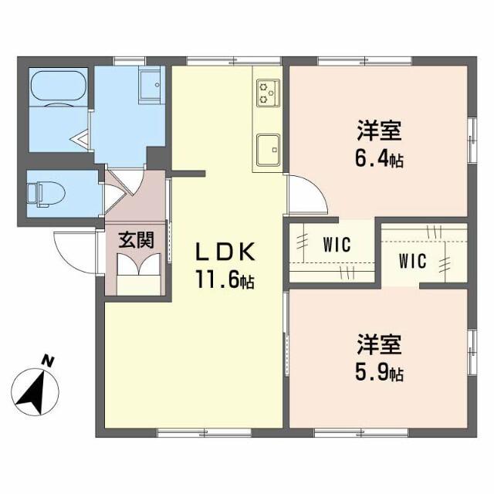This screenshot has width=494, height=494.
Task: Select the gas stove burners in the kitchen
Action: click(x=268, y=93)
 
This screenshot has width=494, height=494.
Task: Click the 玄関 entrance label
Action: click(x=136, y=239)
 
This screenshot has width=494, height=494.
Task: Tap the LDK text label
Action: click(x=223, y=252)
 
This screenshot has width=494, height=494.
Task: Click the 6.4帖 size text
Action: click(x=379, y=161)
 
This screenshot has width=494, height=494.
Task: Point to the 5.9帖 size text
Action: click(x=379, y=374)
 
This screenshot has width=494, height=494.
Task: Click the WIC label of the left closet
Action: click(x=337, y=245)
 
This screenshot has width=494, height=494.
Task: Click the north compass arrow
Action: click(x=35, y=390)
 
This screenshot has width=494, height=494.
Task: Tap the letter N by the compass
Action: click(x=49, y=360)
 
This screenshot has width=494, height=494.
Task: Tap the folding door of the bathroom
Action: click(x=87, y=139)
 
